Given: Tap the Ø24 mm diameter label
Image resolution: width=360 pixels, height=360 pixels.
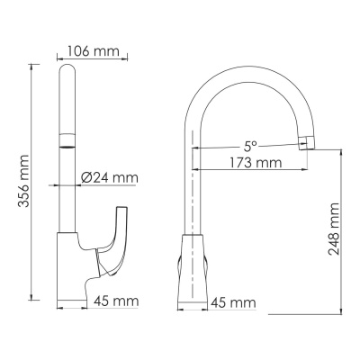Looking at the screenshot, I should click(110, 178).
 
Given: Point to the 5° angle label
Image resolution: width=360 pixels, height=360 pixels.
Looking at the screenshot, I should click(249, 145).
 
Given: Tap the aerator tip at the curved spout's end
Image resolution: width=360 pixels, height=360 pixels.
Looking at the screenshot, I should click(307, 141).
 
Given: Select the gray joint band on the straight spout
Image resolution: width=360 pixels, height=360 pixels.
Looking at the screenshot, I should click(67, 141).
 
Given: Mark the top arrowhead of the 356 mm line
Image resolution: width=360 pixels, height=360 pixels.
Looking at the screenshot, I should click(31, 67).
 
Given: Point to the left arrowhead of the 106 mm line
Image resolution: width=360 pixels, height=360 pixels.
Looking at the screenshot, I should click(60, 59).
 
